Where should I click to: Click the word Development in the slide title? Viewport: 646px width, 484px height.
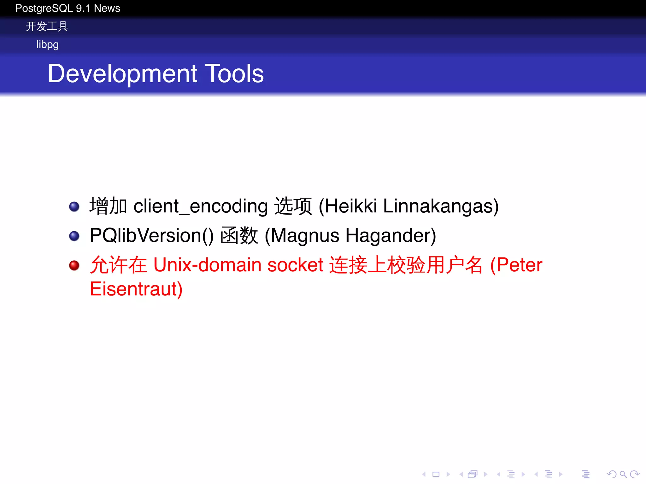[122, 74]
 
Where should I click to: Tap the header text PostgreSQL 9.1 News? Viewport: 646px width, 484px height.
[68, 8]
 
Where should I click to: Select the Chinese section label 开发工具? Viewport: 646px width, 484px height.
[47, 26]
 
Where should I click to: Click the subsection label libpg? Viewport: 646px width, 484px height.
[47, 45]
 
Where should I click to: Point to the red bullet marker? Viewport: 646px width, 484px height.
[74, 265]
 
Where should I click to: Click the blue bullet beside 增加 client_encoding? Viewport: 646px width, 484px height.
[74, 207]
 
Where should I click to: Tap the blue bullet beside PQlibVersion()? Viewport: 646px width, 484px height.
[74, 236]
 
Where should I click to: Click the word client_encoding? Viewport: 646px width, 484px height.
[201, 206]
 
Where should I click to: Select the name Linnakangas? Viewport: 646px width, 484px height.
[441, 206]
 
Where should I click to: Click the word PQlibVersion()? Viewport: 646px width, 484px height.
[151, 235]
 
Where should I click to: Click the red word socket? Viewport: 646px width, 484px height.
[295, 265]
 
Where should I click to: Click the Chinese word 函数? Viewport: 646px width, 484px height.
[239, 235]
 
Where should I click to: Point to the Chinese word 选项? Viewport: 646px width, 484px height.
[293, 206]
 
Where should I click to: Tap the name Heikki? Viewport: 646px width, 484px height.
[351, 206]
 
